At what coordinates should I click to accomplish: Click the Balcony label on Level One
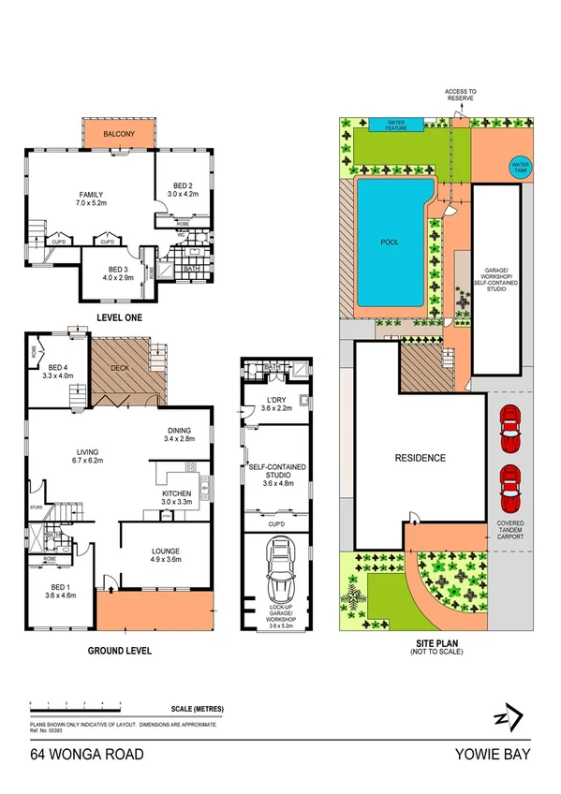[120, 135]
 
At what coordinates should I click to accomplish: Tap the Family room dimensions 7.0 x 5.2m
[91, 201]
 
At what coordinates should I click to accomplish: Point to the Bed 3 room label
[117, 271]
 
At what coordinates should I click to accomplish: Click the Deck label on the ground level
[120, 368]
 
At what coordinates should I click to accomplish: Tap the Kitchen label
[176, 493]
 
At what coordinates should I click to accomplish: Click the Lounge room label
[165, 551]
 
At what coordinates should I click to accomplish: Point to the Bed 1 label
[58, 591]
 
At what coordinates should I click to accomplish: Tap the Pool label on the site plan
[390, 242]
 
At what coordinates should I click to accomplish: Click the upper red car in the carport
[509, 423]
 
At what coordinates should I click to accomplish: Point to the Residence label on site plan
[419, 458]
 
